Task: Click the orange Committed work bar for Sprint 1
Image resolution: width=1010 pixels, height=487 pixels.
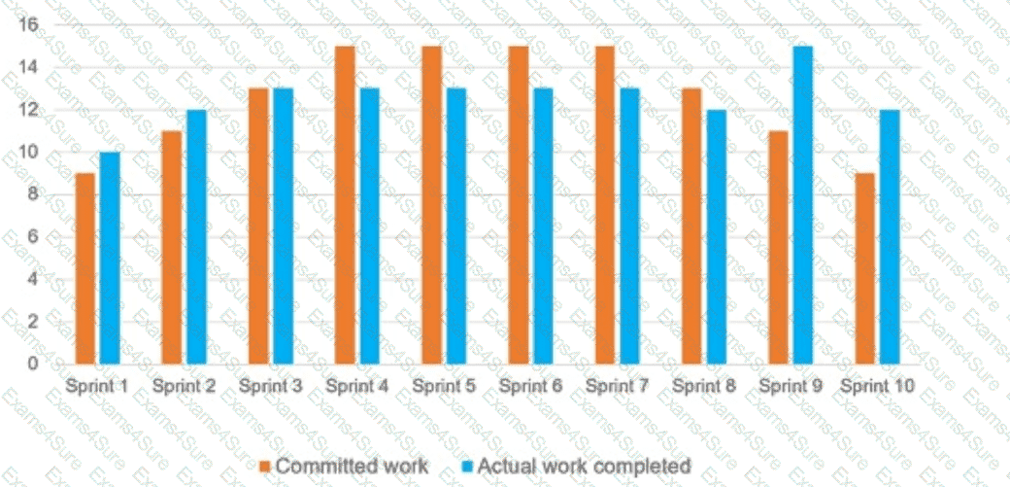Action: pos(85,268)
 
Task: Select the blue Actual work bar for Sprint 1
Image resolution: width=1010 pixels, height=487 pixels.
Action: pos(110,258)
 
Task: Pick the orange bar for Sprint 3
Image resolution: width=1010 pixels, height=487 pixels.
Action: pos(258,226)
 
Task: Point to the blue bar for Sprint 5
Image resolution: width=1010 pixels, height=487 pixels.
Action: pos(456,226)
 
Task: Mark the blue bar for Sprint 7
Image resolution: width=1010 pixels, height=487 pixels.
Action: pos(629,226)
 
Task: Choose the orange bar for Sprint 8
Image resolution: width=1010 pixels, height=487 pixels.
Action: pos(691,226)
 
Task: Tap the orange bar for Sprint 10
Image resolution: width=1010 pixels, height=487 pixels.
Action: pos(864,268)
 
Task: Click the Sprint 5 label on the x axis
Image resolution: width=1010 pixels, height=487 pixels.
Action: pos(444,386)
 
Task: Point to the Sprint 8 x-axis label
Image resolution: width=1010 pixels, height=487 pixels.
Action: pos(704,386)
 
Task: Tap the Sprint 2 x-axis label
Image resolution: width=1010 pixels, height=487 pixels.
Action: pos(184,386)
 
